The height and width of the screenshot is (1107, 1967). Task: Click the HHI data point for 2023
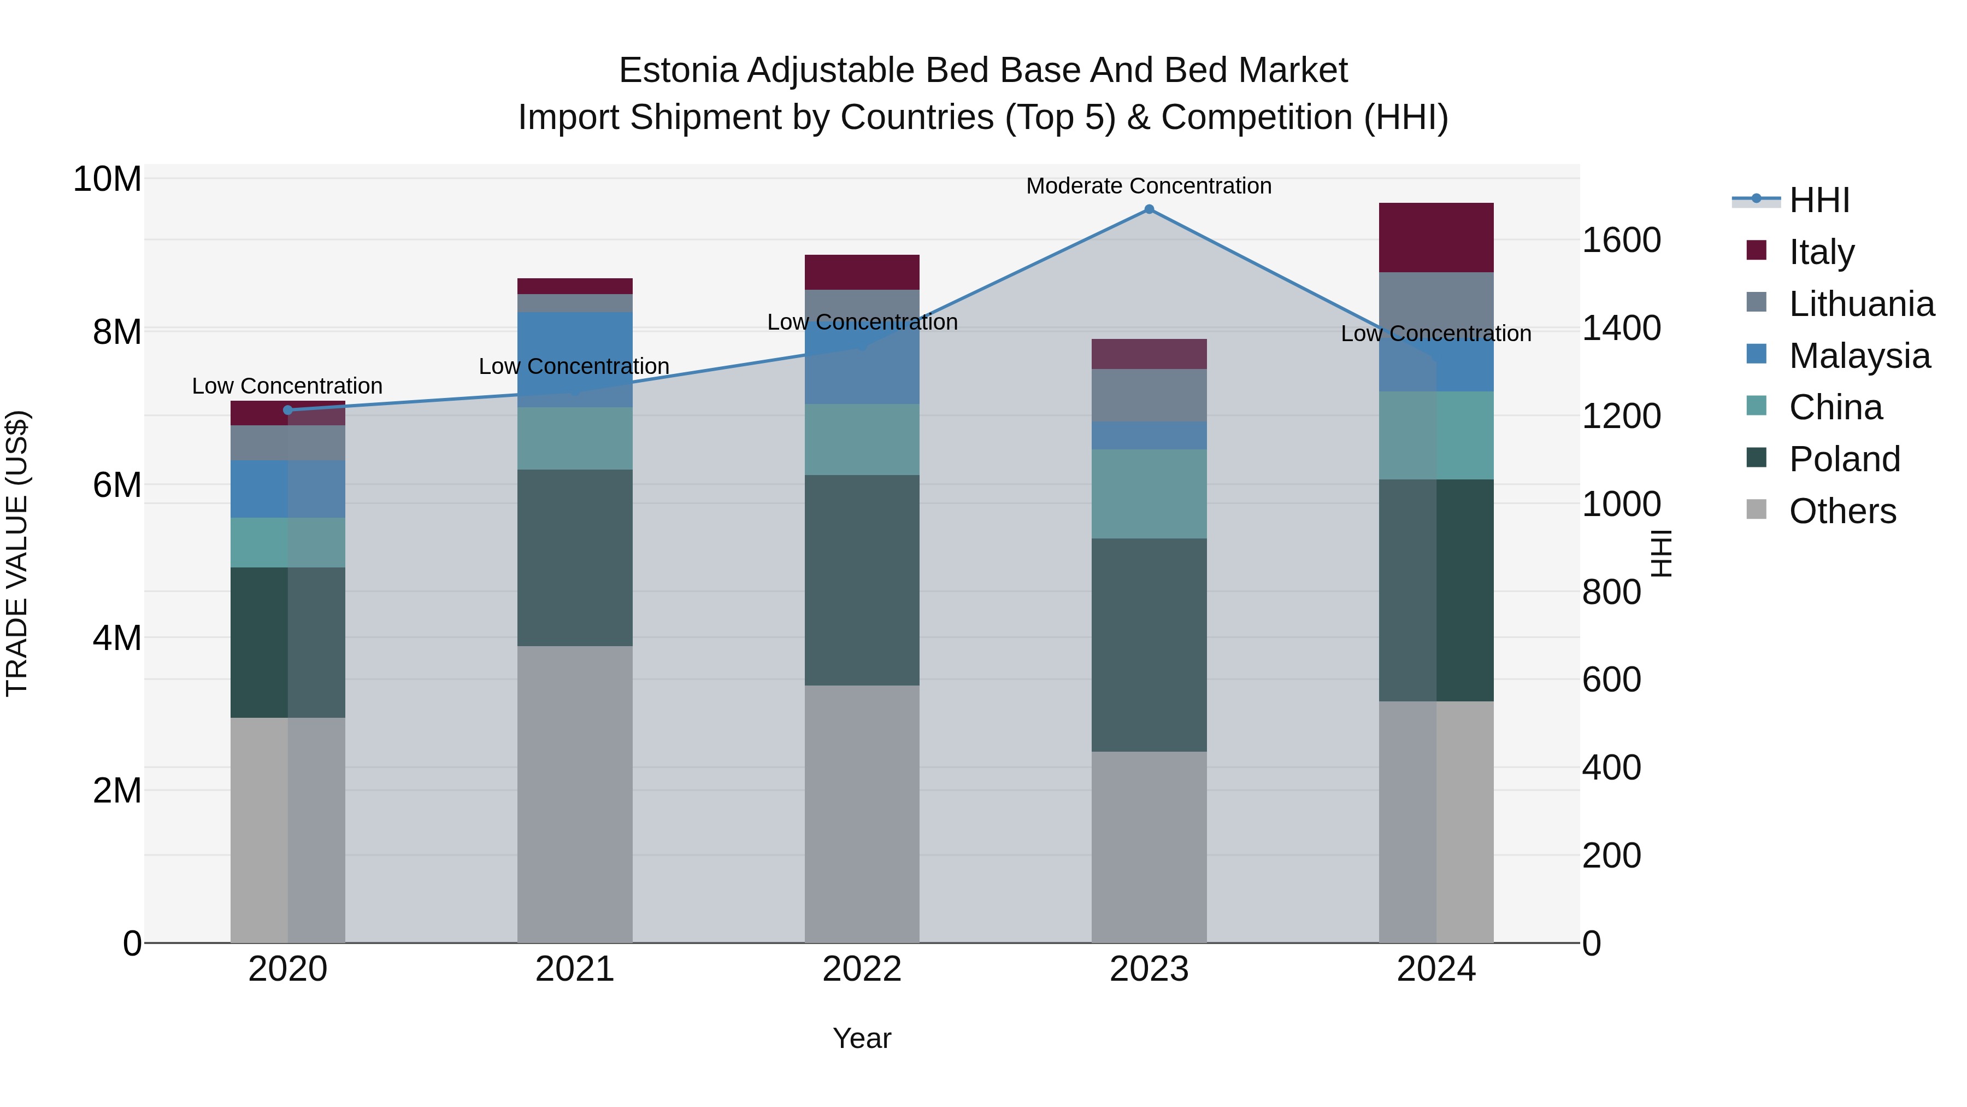click(x=1149, y=209)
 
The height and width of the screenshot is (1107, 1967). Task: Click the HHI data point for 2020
click(x=288, y=410)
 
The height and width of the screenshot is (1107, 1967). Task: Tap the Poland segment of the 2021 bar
click(x=574, y=558)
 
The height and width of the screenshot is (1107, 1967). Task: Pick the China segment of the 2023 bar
click(x=1149, y=494)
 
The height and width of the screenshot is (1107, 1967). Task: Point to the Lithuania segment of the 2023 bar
click(x=1149, y=395)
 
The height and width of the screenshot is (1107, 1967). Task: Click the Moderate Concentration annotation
click(x=1149, y=186)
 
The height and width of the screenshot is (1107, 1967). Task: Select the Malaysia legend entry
click(x=1859, y=356)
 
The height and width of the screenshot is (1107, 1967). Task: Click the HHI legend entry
click(x=1819, y=200)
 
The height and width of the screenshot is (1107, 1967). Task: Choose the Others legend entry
click(x=1842, y=511)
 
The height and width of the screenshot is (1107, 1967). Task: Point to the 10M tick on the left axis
click(x=107, y=179)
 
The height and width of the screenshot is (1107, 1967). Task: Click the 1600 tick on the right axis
click(x=1621, y=240)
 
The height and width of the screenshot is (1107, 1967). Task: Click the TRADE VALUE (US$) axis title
click(x=17, y=553)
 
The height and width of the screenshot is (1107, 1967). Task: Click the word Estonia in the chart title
click(x=678, y=71)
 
